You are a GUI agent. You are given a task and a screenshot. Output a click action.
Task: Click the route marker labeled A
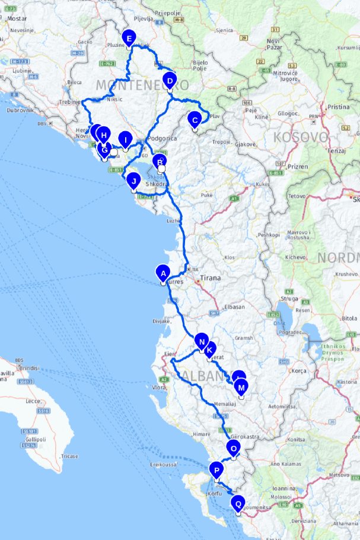162,273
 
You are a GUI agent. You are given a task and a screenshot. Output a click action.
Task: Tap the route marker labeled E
128,39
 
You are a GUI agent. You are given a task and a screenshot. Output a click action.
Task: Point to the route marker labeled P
217,470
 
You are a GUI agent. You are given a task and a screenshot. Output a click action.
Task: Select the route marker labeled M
241,387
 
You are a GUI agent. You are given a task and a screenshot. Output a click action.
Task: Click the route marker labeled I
125,139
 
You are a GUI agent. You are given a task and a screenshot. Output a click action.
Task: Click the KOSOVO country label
300,138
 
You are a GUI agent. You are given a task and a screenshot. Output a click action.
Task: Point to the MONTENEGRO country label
136,84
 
